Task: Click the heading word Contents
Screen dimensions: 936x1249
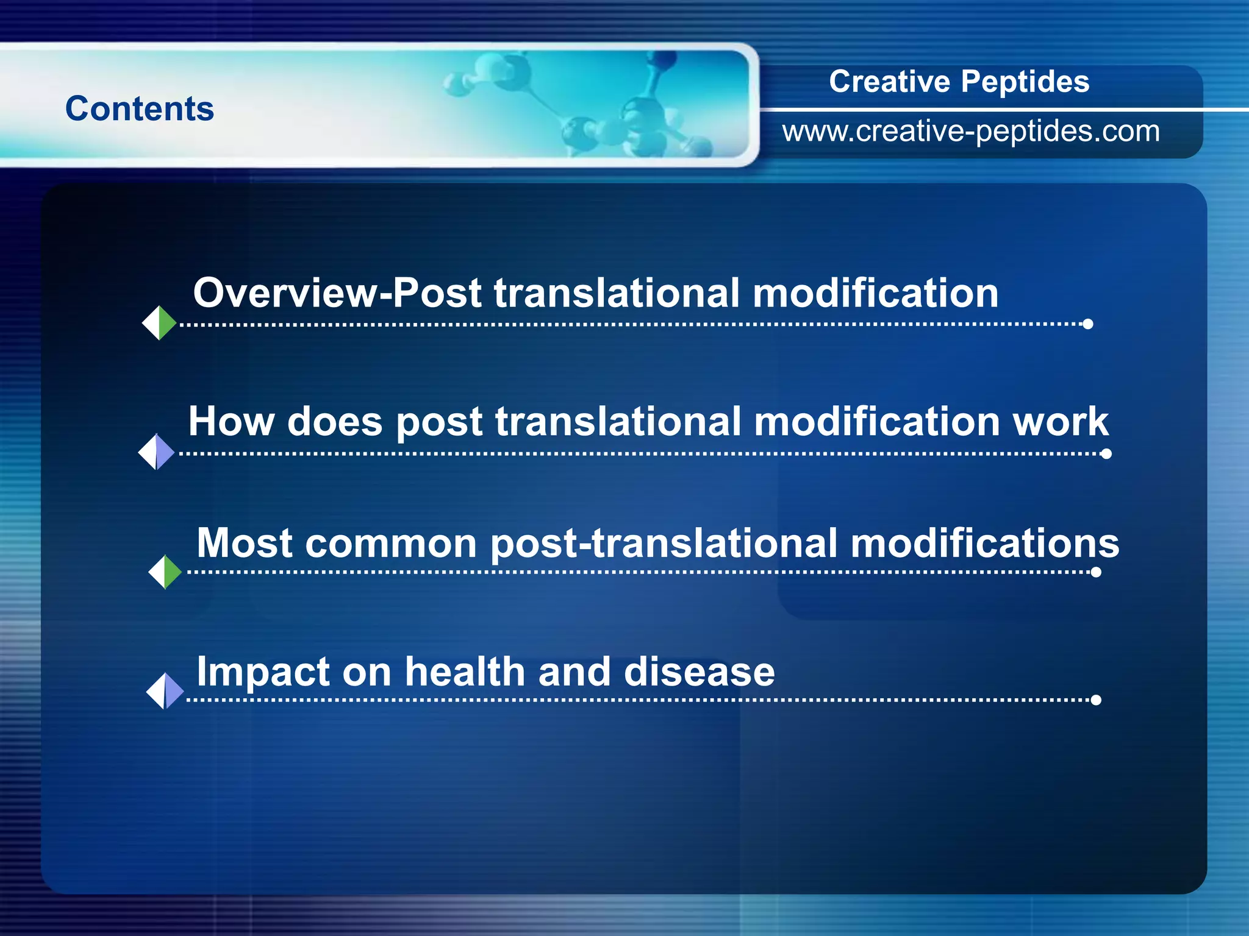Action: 140,108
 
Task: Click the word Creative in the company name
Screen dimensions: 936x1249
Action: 889,82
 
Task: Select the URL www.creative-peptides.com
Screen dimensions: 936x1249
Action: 971,132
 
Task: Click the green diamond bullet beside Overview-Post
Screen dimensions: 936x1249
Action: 159,323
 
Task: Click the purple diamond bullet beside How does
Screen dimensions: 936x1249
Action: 157,452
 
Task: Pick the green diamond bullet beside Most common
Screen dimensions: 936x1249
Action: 165,572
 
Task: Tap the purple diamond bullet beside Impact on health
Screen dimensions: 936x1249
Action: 165,691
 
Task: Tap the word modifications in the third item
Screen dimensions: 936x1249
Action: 984,542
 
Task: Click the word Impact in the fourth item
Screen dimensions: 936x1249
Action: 263,672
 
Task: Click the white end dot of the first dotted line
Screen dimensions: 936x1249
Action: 1087,324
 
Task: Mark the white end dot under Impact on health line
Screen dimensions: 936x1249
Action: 1096,700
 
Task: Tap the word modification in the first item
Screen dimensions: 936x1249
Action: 875,293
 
